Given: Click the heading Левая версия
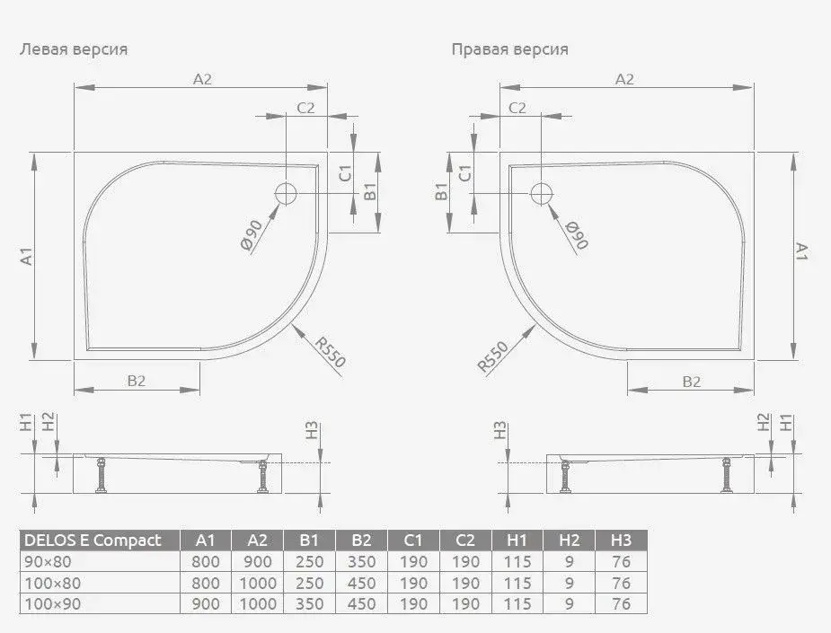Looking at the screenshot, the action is [74, 49].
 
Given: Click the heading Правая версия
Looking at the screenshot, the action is [510, 49].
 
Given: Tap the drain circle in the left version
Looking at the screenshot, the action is [287, 193].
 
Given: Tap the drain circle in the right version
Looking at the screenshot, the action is [541, 193].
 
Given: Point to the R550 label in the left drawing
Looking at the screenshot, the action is [331, 352].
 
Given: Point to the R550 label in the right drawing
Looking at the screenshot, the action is [493, 356].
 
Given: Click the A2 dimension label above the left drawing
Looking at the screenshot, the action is [202, 79].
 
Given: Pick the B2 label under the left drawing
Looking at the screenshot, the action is [137, 381].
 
